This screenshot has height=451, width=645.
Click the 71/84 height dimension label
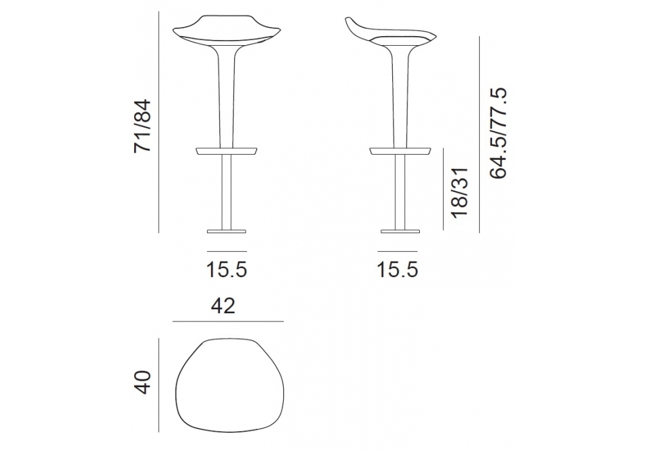(143, 126)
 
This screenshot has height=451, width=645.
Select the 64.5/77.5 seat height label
(498, 133)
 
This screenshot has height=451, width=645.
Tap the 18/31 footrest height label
(459, 192)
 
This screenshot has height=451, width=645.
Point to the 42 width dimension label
(223, 306)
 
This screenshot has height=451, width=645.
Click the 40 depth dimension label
(144, 382)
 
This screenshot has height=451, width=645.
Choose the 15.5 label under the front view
(226, 269)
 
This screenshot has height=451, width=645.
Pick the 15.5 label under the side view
(397, 269)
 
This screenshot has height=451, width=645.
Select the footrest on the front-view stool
(226, 151)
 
